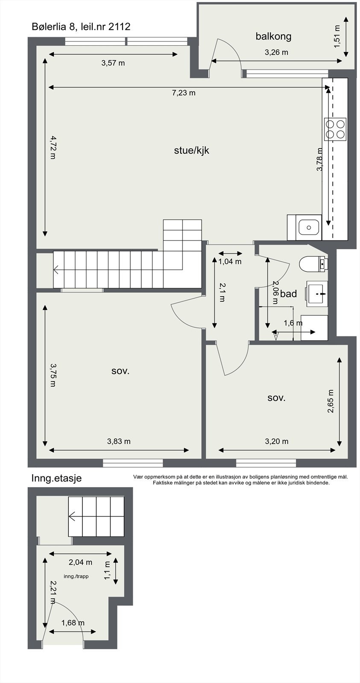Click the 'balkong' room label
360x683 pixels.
pyautogui.click(x=273, y=37)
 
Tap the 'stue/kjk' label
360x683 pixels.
pyautogui.click(x=192, y=150)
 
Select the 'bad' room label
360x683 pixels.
pyautogui.click(x=288, y=294)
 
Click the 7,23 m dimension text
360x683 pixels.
pyautogui.click(x=184, y=93)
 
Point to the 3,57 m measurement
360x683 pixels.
pyautogui.click(x=113, y=63)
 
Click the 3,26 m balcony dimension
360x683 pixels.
pyautogui.click(x=276, y=53)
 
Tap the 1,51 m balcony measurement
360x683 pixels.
pyautogui.click(x=337, y=36)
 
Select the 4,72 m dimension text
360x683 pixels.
pyautogui.click(x=53, y=148)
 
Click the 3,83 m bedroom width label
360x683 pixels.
pyautogui.click(x=119, y=441)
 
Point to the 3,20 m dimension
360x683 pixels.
pyautogui.click(x=276, y=441)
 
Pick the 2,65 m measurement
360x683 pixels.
pyautogui.click(x=331, y=401)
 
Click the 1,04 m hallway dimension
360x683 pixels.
pyautogui.click(x=230, y=262)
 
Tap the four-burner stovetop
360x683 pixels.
pyautogui.click(x=335, y=129)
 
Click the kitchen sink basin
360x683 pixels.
pyautogui.click(x=309, y=228)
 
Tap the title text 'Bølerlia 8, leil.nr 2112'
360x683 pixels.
pyautogui.click(x=81, y=27)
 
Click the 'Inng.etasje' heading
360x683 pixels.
pyautogui.click(x=56, y=478)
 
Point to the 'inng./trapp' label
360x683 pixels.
pyautogui.click(x=76, y=576)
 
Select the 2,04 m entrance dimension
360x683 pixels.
pyautogui.click(x=80, y=562)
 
